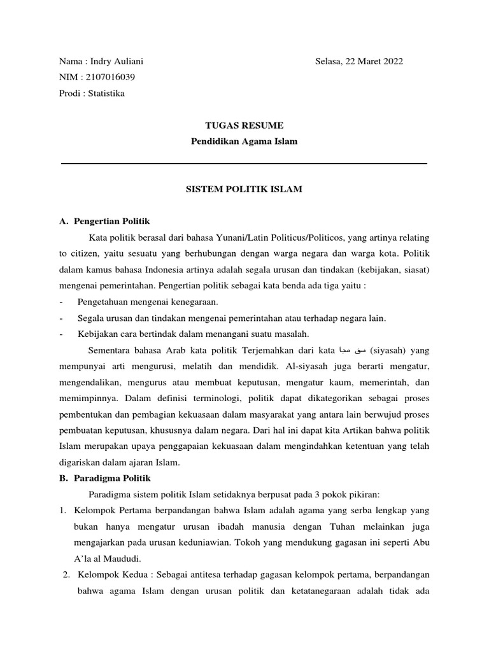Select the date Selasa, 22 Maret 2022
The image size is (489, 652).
click(359, 61)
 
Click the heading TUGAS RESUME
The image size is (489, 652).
click(244, 125)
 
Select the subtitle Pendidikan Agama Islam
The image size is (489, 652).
click(244, 141)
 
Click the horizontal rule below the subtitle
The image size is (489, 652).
click(244, 164)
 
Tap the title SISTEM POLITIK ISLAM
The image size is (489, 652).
click(244, 189)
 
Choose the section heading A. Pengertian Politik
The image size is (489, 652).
click(104, 222)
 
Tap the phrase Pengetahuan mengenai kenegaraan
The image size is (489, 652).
click(148, 302)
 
